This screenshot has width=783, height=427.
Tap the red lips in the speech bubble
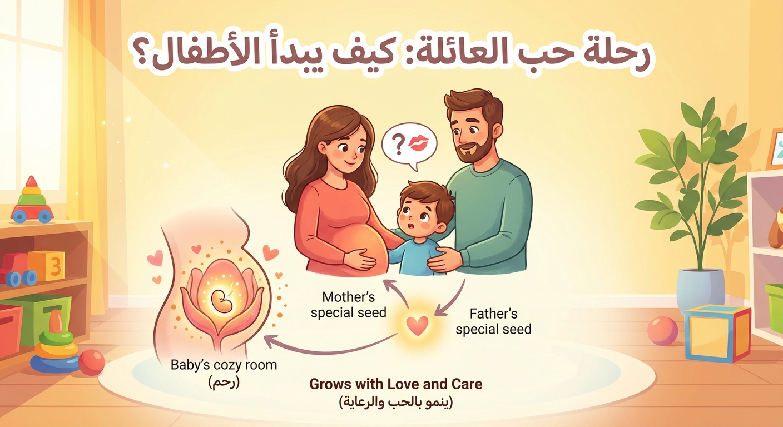point(420,143)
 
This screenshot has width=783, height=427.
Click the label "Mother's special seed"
point(348,305)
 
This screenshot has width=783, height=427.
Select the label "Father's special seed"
point(493,321)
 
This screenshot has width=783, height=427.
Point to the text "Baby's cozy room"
point(224,365)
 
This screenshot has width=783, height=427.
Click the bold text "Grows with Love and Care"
point(395,384)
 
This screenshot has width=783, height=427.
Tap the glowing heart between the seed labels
point(417,325)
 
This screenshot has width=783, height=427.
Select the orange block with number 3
point(46,265)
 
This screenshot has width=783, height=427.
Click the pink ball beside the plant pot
point(662,331)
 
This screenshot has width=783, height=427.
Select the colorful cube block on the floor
point(717,333)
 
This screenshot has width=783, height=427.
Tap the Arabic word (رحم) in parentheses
point(223,383)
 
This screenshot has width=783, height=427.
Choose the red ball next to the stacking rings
point(92,363)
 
